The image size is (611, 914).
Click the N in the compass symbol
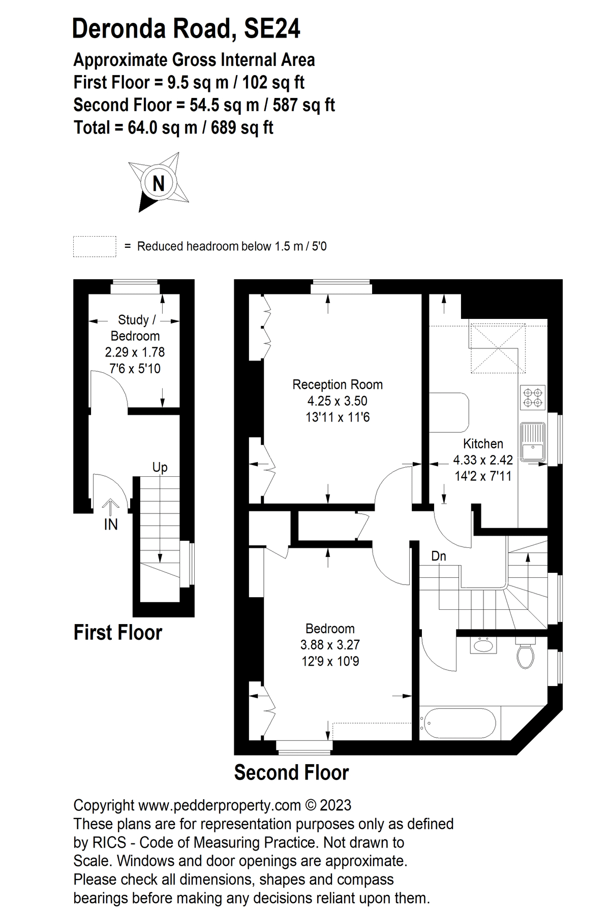[x=159, y=183]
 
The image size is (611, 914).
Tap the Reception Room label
[x=337, y=384]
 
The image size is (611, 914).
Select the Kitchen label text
[x=483, y=443]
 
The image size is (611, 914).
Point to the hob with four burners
[x=533, y=398]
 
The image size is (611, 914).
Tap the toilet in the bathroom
[x=525, y=655]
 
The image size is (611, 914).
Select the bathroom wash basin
[x=482, y=646]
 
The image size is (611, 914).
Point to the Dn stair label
[x=438, y=556]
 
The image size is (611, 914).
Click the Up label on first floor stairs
[x=160, y=467]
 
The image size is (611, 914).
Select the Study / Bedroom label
[x=135, y=328]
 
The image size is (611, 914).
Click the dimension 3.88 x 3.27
[x=330, y=645]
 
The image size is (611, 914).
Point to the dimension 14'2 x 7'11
[x=483, y=476]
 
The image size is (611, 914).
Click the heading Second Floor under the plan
[x=291, y=773]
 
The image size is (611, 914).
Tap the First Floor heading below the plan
[x=118, y=633]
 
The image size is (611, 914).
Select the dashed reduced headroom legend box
[x=95, y=246]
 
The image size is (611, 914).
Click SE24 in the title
[x=272, y=29]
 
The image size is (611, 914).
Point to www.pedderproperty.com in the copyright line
[x=220, y=805]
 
